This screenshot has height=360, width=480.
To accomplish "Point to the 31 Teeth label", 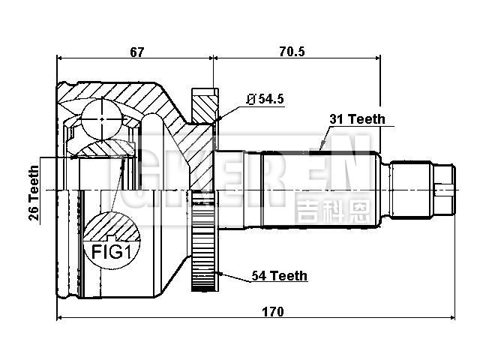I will coord(357,118).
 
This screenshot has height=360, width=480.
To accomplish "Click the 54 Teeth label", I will coord(278,276).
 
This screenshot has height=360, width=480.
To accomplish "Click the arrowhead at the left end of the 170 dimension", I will coord(60,318).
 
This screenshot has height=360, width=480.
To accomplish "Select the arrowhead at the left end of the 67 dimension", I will coord(61,58).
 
